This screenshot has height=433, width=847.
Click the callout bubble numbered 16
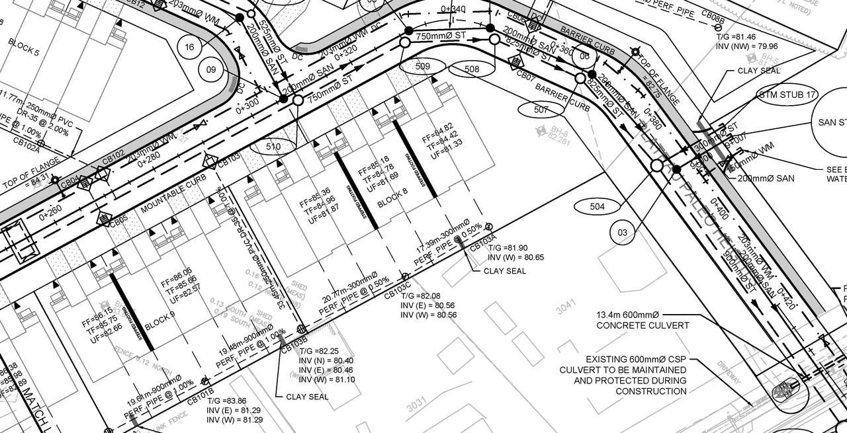190,47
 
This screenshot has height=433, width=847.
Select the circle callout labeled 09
211,69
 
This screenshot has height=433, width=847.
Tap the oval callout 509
422,66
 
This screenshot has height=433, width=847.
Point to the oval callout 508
472,69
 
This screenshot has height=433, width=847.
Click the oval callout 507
541,110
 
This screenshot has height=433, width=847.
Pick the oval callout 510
273,147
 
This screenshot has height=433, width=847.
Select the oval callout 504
597,207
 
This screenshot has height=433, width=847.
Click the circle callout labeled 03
622,233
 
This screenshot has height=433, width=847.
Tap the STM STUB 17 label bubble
787,95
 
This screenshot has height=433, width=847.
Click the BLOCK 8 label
392,197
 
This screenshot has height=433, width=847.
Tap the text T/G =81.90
507,247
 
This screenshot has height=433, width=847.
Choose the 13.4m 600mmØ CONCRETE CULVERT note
633,320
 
